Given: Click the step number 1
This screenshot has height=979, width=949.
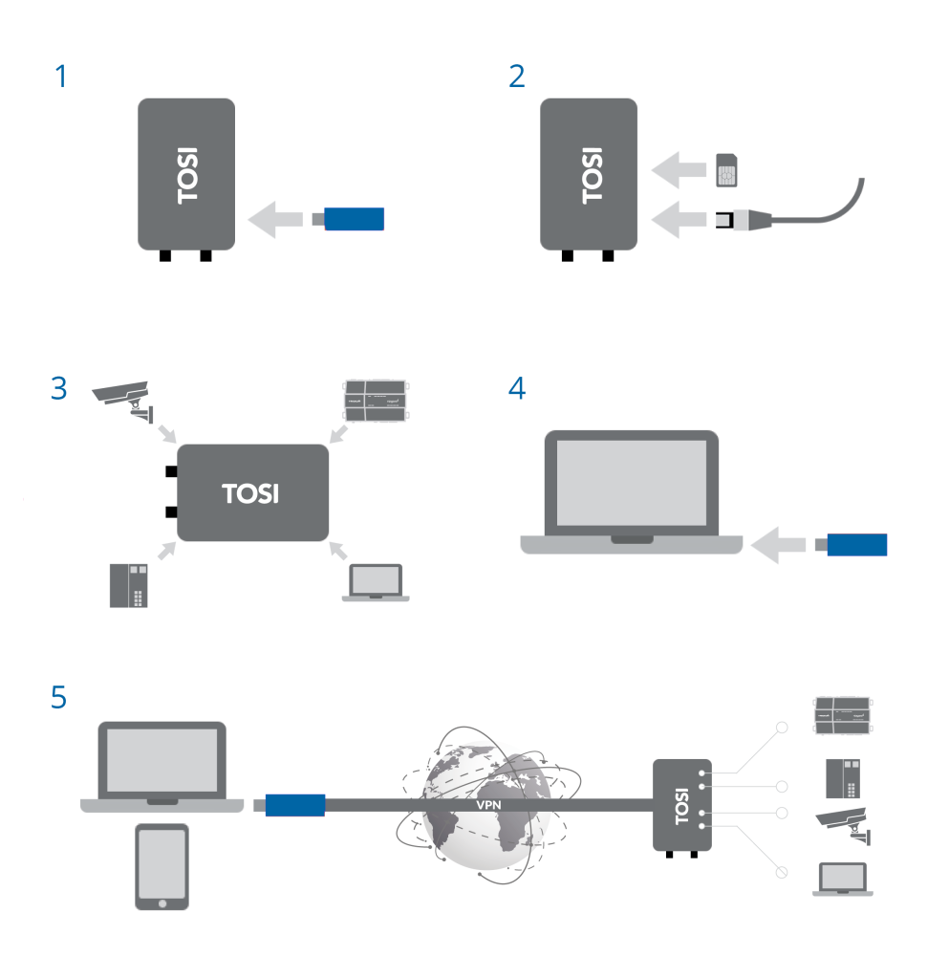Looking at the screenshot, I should pyautogui.click(x=62, y=76).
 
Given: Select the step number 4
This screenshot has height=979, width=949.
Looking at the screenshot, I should pyautogui.click(x=517, y=390).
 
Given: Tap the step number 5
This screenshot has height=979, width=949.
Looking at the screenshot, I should pyautogui.click(x=59, y=698).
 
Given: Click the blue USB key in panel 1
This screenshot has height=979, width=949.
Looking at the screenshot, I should pyautogui.click(x=354, y=218).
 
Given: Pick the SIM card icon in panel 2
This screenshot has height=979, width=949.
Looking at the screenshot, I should pyautogui.click(x=727, y=169).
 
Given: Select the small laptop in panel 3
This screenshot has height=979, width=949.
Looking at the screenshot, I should pyautogui.click(x=376, y=582).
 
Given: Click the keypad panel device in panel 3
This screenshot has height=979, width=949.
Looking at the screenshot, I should pyautogui.click(x=129, y=585).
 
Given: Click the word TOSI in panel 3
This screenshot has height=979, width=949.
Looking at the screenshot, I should pyautogui.click(x=250, y=493).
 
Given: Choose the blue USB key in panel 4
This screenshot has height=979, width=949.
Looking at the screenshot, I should pyautogui.click(x=856, y=545).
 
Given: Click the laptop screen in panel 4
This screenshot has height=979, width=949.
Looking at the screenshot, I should pyautogui.click(x=631, y=482).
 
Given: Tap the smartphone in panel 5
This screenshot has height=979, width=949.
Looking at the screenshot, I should pyautogui.click(x=162, y=867).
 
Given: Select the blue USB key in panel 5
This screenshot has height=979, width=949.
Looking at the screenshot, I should pyautogui.click(x=294, y=805).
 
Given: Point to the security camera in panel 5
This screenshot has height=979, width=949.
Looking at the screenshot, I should pyautogui.click(x=843, y=825).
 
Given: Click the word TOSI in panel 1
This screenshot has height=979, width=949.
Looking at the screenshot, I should pyautogui.click(x=187, y=174).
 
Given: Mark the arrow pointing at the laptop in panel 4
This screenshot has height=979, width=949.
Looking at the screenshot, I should pyautogui.click(x=779, y=545).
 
